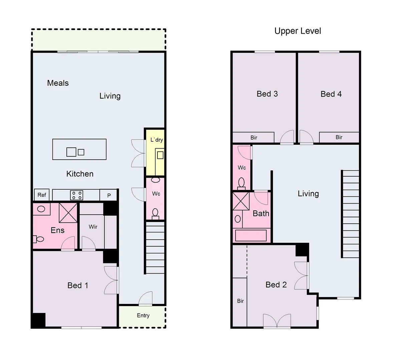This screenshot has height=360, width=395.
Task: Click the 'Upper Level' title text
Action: click(x=298, y=31)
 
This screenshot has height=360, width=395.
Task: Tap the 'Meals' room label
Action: click(x=58, y=83)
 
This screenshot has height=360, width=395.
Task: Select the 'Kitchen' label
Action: click(x=80, y=174)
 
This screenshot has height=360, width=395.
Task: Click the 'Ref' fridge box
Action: click(x=42, y=195)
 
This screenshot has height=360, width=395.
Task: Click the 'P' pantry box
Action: click(x=109, y=196)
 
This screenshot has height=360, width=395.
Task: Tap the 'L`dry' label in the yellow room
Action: click(x=156, y=140)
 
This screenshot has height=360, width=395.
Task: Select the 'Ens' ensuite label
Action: click(x=57, y=230)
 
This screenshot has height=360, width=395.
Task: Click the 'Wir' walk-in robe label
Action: click(x=93, y=227)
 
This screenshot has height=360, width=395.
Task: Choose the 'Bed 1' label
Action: click(x=78, y=285)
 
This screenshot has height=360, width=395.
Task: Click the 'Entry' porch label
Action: click(x=143, y=315)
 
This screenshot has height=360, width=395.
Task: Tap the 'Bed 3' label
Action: click(x=267, y=94)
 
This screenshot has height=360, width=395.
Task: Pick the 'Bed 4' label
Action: click(x=331, y=94)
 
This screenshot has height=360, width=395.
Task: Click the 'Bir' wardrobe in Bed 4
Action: click(x=339, y=137)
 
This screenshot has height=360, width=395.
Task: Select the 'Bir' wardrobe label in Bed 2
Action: click(x=241, y=301)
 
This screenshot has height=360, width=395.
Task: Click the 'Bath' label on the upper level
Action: click(x=261, y=213)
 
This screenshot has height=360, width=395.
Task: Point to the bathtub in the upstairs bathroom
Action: click(x=251, y=235)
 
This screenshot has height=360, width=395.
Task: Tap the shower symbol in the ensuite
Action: click(x=68, y=212)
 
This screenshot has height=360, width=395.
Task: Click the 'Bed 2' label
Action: click(x=276, y=285)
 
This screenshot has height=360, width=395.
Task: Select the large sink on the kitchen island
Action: click(x=71, y=152)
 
